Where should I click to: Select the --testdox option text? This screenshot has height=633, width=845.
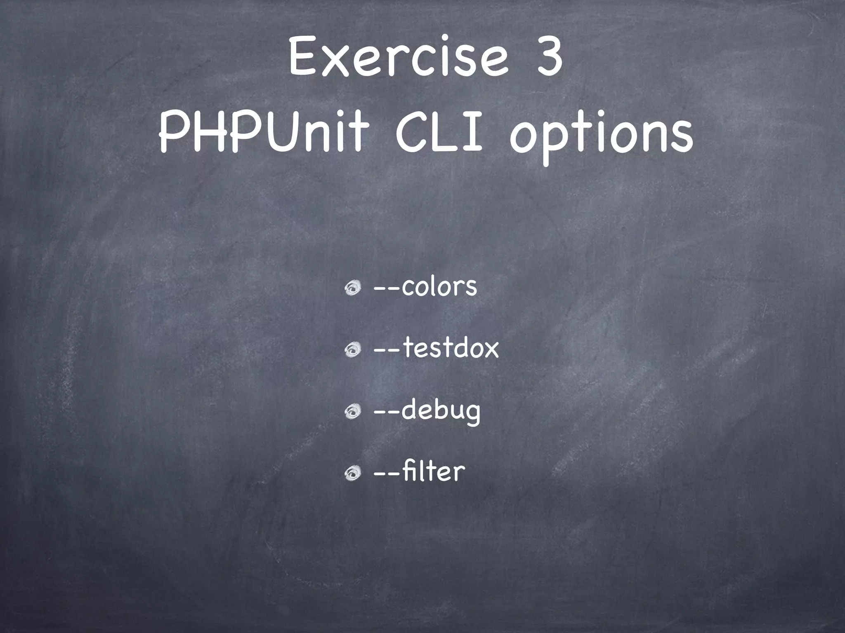point(436,348)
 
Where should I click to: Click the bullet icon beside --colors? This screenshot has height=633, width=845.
point(353,288)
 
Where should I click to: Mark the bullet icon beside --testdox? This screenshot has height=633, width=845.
point(353,350)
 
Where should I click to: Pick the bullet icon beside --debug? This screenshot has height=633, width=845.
point(353,411)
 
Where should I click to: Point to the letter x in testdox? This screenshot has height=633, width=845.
point(489,349)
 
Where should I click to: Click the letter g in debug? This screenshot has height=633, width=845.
point(472,414)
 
